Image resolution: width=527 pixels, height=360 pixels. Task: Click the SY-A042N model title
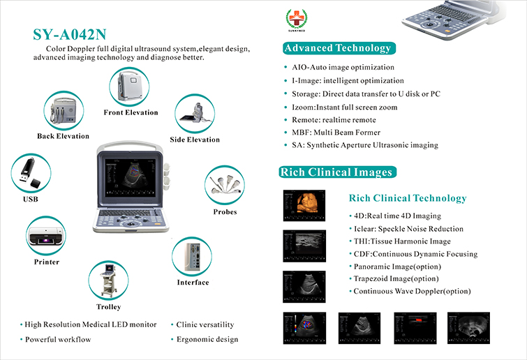(70, 35)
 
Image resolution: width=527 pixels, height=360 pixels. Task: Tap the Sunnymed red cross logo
(297, 19)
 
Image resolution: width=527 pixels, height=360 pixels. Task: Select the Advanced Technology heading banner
(339, 48)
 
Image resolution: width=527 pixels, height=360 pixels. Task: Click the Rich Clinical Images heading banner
(337, 172)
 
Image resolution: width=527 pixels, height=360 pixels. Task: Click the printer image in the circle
(46, 235)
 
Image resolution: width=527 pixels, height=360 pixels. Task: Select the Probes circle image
(225, 185)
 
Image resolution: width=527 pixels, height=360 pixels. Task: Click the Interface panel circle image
(192, 257)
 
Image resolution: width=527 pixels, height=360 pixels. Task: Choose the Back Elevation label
(64, 136)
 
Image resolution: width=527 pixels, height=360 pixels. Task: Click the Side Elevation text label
(195, 140)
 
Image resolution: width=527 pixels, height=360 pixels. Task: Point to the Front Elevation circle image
(129, 87)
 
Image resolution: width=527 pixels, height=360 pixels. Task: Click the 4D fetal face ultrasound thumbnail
(304, 206)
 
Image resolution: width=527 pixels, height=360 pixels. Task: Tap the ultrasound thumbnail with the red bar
(415, 328)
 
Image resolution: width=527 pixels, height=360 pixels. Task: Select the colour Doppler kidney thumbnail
(304, 328)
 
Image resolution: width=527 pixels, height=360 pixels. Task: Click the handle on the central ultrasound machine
(130, 147)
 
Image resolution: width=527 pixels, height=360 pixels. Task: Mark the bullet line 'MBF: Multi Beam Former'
(336, 133)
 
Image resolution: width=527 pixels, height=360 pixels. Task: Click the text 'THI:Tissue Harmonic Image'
(402, 241)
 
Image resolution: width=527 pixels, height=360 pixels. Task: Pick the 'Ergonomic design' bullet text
(207, 340)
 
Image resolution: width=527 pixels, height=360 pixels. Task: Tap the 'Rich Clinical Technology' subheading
(408, 198)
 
